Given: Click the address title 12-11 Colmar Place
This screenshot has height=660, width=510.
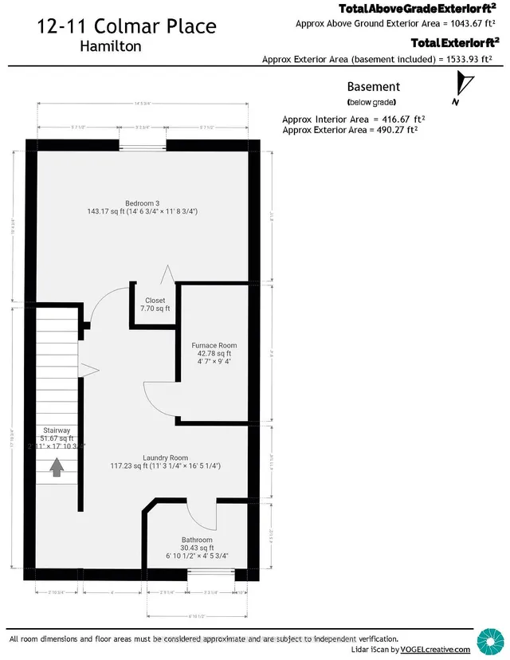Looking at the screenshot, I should click(126, 26).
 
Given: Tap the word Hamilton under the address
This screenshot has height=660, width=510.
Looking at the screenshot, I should click(112, 46).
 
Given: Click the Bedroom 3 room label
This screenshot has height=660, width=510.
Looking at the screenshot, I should click(142, 202).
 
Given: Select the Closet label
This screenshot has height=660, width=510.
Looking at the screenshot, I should click(155, 301).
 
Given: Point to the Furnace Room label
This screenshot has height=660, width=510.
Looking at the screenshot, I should click(214, 346).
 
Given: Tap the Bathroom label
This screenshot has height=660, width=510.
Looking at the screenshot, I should click(196, 540).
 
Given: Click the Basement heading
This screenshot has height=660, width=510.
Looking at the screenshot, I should click(373, 87).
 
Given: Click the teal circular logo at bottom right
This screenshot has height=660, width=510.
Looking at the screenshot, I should click(488, 640).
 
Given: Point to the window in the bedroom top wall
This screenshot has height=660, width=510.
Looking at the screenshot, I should click(143, 144).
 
